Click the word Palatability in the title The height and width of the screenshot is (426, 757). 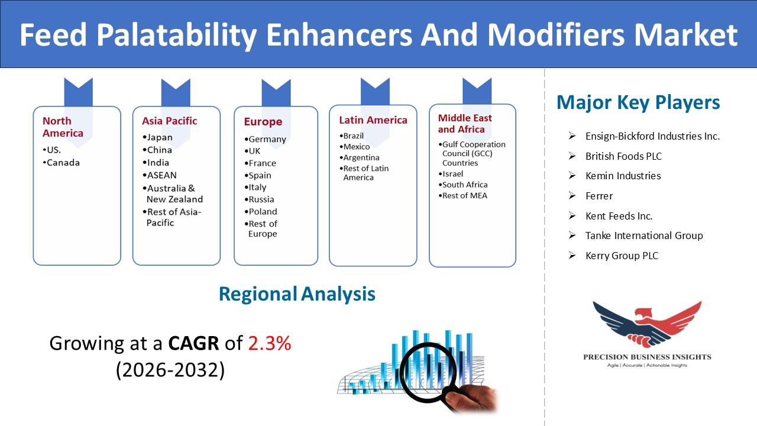tap(176, 35)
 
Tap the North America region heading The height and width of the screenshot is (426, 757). tap(63, 127)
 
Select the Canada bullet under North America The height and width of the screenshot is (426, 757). tap(61, 163)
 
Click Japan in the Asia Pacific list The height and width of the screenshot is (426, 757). tap(157, 137)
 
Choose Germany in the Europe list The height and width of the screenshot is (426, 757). tap(266, 139)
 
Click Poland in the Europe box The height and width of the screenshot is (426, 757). tap(261, 211)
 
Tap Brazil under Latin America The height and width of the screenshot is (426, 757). tap(351, 135)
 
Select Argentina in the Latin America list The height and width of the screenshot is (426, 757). tap(359, 157)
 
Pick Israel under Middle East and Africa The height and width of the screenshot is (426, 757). tap(451, 174)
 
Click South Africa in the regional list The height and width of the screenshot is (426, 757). tap(463, 185)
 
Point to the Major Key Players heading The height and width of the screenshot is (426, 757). tap(638, 102)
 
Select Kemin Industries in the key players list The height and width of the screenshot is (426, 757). tap(623, 176)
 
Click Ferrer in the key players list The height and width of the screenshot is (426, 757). tap(599, 196)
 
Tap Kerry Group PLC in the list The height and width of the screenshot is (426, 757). tap(622, 256)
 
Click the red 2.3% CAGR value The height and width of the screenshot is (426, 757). tap(270, 343)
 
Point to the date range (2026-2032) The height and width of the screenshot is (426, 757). tap(170, 370)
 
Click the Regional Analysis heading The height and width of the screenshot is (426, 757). tap(297, 294)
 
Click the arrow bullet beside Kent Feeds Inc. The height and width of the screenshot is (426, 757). tap(572, 215)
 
